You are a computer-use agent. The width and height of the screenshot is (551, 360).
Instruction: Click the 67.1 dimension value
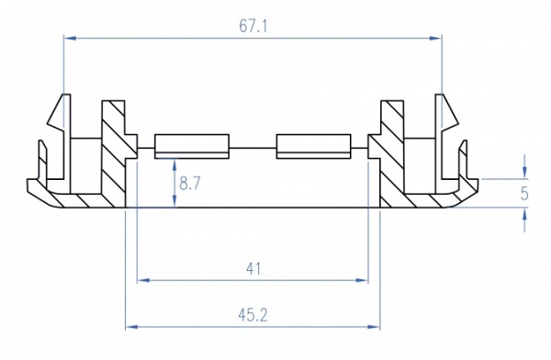pos(253,26)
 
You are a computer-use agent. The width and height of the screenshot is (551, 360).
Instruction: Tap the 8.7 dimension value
pos(190,184)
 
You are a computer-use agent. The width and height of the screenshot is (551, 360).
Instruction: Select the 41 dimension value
pos(253,270)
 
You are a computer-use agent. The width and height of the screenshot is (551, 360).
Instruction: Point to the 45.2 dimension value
pos(253,316)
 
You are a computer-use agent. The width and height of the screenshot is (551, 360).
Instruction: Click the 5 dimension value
pos(524,194)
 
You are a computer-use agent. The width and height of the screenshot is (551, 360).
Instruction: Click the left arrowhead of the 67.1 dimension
pos(70,38)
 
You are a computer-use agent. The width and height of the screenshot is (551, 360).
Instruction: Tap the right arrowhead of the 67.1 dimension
pos(435,38)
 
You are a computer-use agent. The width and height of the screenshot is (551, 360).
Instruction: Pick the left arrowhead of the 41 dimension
pos(143,280)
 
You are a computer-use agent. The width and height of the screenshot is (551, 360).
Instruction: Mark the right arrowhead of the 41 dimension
pos(362,280)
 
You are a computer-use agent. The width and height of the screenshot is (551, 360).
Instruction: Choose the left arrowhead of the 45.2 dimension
pos(132,327)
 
